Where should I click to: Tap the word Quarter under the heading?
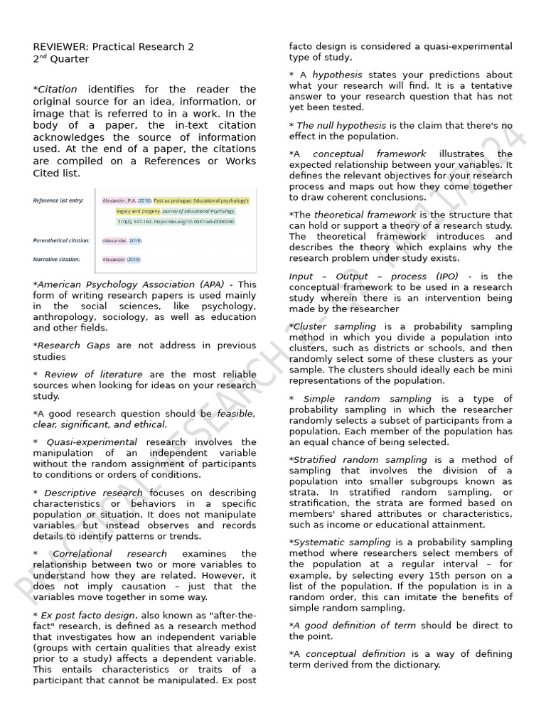pos(70,59)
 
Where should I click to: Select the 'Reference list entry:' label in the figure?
pos(58,200)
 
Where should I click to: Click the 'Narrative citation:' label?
pos(56,259)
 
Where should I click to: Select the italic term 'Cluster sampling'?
pos(325,326)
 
